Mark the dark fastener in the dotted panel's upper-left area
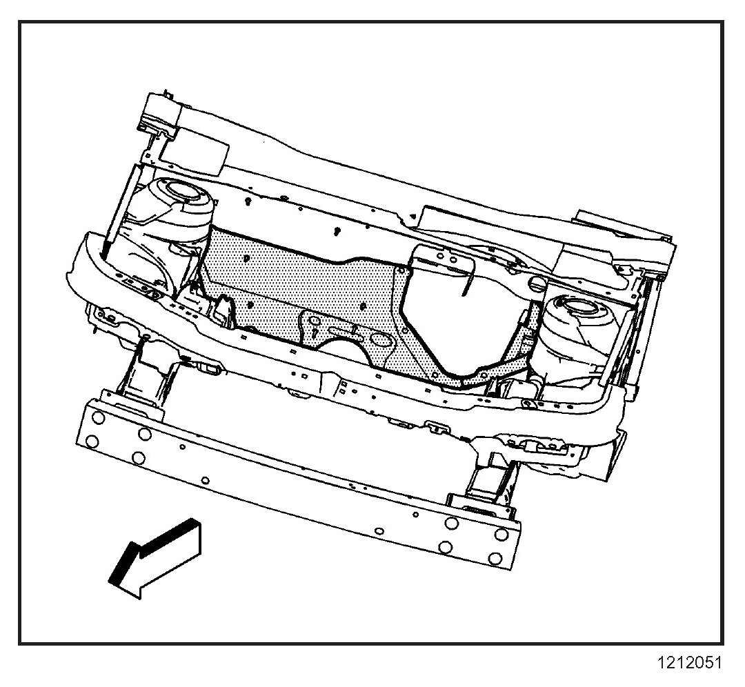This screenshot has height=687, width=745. (x=248, y=259)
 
